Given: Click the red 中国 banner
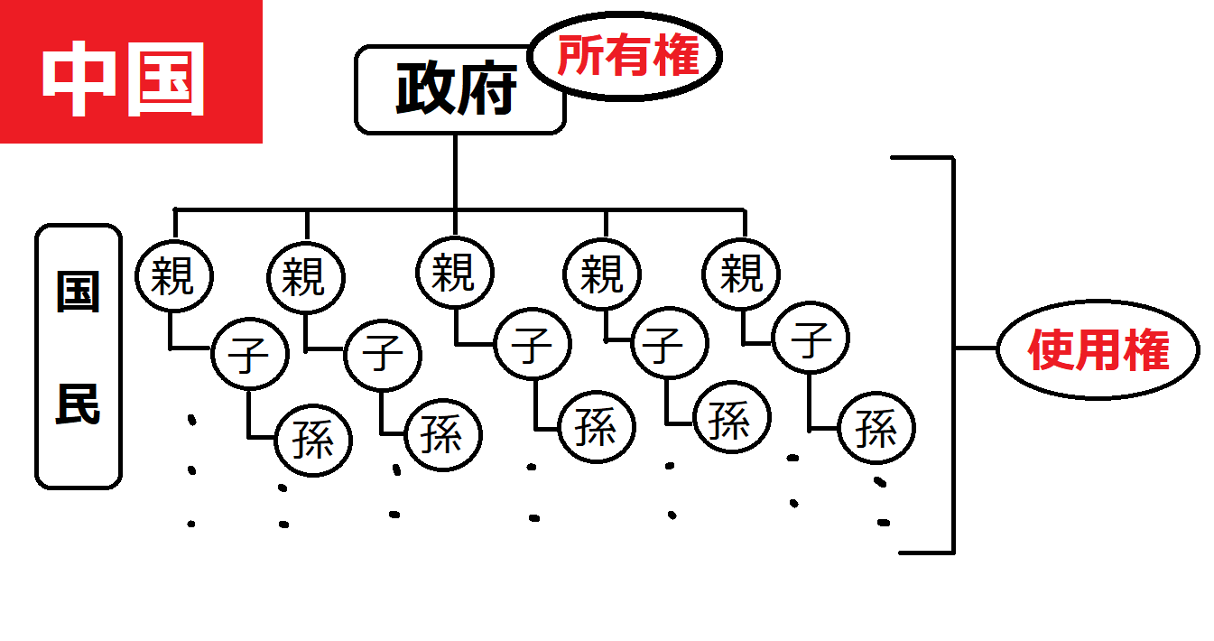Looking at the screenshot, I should (x=131, y=71).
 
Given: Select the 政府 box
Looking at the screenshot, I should (x=459, y=90).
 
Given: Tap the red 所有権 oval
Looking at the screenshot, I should (x=626, y=56).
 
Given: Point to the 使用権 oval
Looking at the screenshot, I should (x=1098, y=349).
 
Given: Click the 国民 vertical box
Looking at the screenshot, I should (x=79, y=356).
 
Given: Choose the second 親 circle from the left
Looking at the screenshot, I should (x=305, y=275).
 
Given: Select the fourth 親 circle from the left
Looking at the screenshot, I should (x=602, y=274).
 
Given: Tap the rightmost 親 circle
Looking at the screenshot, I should (x=742, y=274).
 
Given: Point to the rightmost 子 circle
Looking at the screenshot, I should (x=811, y=341).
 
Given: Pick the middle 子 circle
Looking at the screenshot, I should (x=533, y=345).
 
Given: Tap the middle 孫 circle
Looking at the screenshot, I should (x=597, y=426).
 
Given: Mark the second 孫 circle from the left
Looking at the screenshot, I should (x=442, y=434).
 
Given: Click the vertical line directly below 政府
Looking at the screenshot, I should (x=455, y=172).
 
